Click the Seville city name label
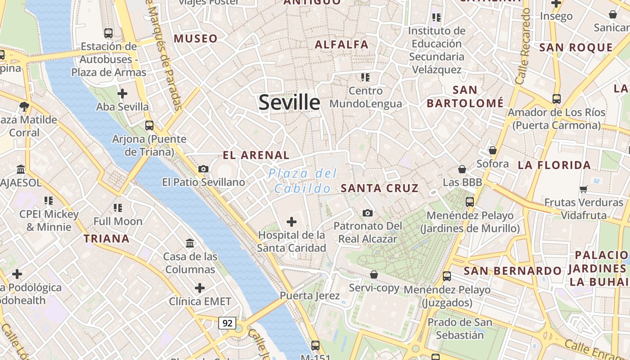click(289, 103)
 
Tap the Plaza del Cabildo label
click(303, 181)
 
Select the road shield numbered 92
click(227, 323)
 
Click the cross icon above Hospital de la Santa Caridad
click(292, 221)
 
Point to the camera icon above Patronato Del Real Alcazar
click(368, 213)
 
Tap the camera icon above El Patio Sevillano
click(203, 169)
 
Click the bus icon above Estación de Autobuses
click(108, 33)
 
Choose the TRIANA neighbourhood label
click(107, 238)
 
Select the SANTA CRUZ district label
click(380, 188)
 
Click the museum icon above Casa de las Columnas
click(190, 243)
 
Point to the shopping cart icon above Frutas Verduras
click(584, 189)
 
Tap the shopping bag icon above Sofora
click(493, 150)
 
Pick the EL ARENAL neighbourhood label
click(256, 155)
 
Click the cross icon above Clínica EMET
click(200, 288)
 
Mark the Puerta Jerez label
click(310, 296)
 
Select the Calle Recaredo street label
click(523, 45)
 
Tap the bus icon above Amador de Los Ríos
click(557, 99)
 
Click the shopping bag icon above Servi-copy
click(373, 274)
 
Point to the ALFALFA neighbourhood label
click(342, 45)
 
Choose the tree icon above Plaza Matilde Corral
click(24, 107)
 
